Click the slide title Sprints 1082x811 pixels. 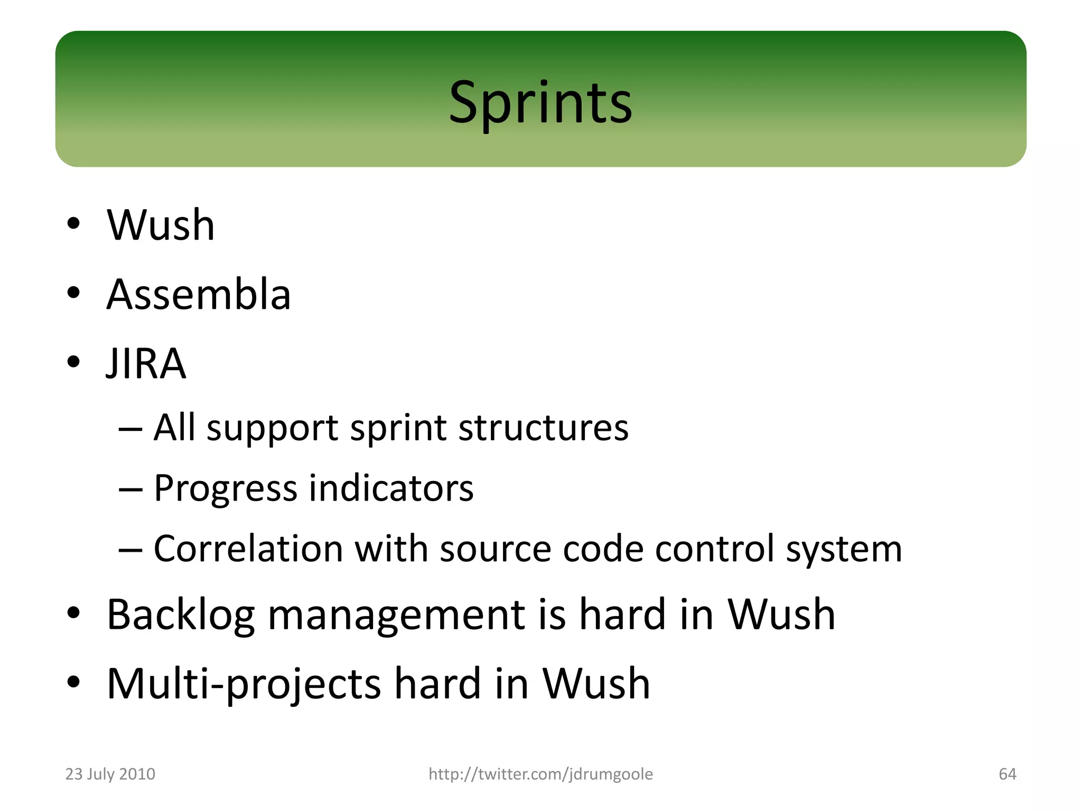pos(540,102)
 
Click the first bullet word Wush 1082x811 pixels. pos(161,225)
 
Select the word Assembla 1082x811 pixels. pos(199,295)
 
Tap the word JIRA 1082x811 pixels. pos(146,364)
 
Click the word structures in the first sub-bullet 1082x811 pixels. pos(544,427)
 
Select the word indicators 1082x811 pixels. pos(391,488)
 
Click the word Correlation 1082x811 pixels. pos(248,549)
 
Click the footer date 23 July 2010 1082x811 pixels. pos(110,774)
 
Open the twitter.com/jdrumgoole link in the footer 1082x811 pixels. pos(540,774)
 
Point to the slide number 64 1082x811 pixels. pos(1007,774)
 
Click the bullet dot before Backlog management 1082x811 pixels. pos(73,613)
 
